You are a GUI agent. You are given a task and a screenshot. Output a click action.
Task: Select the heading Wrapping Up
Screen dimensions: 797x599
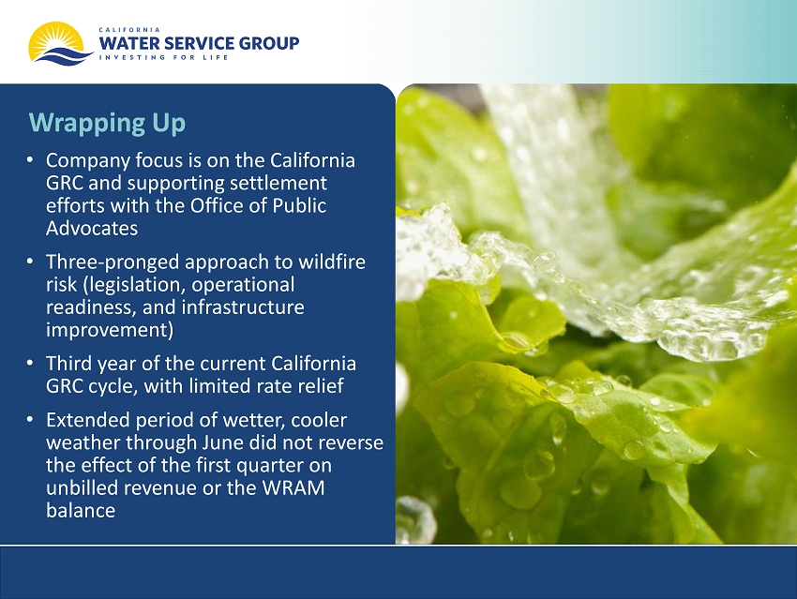(107, 123)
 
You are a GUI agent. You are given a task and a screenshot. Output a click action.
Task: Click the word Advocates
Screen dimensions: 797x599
(92, 228)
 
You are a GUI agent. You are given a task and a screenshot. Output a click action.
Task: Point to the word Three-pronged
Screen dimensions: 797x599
(113, 262)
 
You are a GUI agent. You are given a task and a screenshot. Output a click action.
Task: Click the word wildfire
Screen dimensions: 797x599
(331, 262)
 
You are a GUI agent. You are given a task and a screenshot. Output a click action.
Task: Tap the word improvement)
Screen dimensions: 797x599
(110, 330)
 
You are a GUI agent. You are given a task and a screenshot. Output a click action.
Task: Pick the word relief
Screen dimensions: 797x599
(322, 386)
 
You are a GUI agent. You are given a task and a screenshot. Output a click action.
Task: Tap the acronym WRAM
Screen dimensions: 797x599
(293, 487)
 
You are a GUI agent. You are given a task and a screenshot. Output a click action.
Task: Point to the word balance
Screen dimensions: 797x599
(81, 510)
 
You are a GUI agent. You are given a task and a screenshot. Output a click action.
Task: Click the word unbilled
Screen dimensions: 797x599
(83, 487)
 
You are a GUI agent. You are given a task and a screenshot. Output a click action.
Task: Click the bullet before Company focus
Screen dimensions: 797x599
(31, 160)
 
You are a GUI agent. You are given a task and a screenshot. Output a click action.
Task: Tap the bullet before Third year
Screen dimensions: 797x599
(31, 364)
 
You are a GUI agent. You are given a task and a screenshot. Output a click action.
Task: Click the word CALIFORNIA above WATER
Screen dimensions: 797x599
(129, 30)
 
